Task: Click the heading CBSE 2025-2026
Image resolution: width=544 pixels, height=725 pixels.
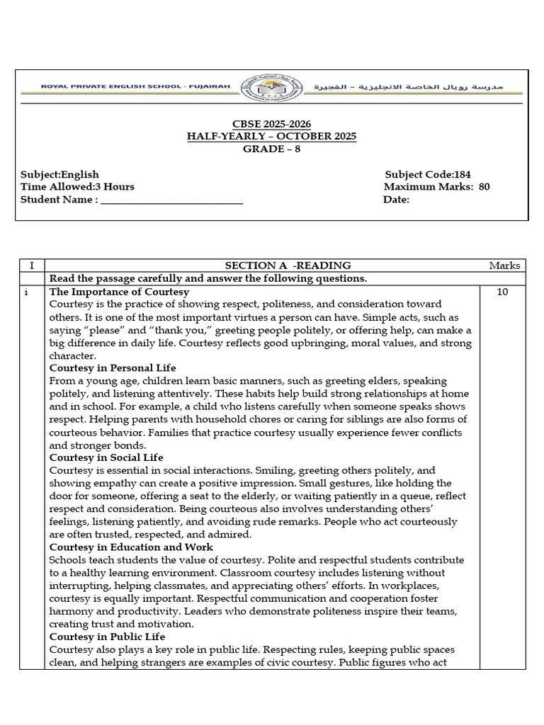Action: point(272,124)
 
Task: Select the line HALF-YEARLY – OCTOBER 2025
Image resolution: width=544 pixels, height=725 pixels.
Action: point(272,136)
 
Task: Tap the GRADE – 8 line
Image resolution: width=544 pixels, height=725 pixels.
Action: point(272,149)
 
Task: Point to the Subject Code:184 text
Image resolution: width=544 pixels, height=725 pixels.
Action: point(427,175)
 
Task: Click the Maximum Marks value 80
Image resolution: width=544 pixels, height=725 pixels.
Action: point(484,188)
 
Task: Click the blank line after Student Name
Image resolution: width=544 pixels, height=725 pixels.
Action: point(172,200)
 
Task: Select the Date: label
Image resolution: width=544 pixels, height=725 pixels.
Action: point(396,200)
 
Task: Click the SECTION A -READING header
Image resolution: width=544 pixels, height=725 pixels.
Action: point(278,266)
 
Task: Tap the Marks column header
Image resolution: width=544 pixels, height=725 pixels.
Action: point(504,266)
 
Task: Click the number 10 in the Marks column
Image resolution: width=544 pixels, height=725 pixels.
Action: point(502,292)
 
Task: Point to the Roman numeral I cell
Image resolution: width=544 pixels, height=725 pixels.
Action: point(31,266)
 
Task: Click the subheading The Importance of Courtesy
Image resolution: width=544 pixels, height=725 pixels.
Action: point(119,292)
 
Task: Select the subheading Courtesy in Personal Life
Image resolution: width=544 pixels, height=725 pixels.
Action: point(113,368)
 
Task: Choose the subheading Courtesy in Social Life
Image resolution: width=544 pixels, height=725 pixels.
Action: point(106,457)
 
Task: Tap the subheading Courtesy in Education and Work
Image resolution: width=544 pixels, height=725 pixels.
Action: point(131,547)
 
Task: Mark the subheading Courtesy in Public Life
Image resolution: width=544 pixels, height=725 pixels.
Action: point(107,636)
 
